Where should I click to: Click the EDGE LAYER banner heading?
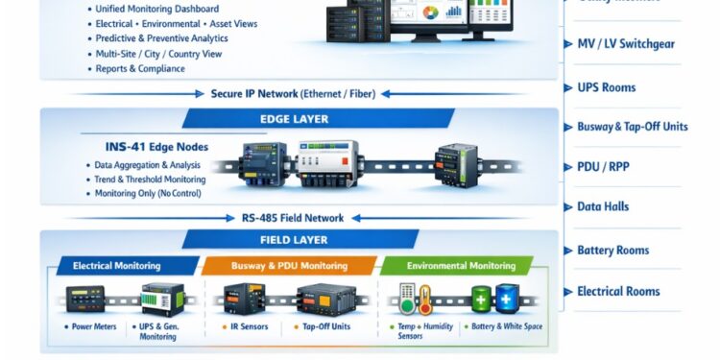[295, 119]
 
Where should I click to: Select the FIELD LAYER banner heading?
[295, 241]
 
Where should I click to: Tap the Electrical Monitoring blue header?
[115, 266]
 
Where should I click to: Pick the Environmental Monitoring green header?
[461, 266]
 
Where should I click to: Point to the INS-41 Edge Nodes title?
[156, 148]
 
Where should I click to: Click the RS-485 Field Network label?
[292, 218]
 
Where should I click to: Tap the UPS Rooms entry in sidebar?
[606, 87]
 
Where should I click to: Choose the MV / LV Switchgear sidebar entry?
[624, 44]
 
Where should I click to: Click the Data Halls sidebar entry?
[603, 206]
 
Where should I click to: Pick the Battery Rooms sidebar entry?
[612, 250]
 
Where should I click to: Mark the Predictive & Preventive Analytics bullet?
[161, 39]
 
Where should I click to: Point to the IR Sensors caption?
[249, 327]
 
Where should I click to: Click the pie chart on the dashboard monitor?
[429, 13]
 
